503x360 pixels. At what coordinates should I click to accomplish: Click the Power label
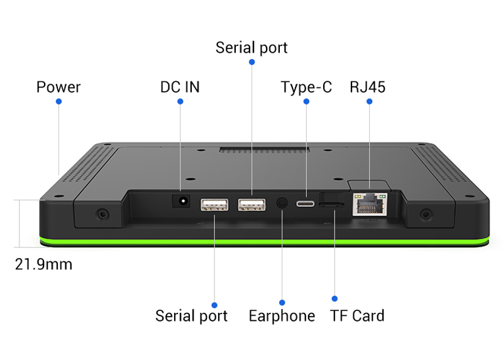pos(58,87)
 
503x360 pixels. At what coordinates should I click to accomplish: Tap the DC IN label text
pos(180,87)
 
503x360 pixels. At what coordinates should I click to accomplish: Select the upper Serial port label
pos(251,48)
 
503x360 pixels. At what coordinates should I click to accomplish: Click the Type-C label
pos(306,87)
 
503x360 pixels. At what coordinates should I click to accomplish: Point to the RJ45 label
pos(368,87)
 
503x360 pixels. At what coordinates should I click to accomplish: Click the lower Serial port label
pos(191,316)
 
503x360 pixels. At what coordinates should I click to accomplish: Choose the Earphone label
pos(282,316)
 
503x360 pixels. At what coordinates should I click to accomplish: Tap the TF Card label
pos(357,316)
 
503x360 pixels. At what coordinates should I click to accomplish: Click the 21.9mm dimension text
pos(43,264)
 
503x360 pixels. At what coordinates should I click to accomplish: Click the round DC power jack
pos(182,201)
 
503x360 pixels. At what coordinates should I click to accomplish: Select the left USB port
pos(214,205)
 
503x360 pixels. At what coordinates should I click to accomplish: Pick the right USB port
pos(251,204)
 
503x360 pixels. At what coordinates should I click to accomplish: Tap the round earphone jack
pos(282,203)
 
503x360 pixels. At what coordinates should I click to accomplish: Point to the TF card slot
pos(331,205)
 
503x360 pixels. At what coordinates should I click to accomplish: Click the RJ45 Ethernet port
pos(368,203)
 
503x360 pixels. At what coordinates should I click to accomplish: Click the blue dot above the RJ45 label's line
pos(369,101)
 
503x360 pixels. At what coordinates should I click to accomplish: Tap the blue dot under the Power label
pos(58,101)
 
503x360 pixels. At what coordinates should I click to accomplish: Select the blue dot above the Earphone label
pos(282,303)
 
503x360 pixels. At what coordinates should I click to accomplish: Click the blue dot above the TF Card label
pos(334,298)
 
